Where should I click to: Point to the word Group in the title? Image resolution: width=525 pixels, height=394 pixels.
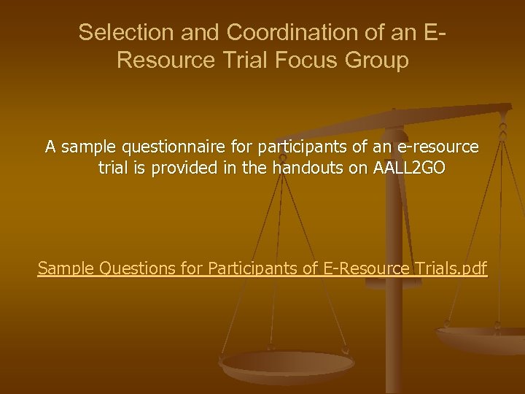(377, 60)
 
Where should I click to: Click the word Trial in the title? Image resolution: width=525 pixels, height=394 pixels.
(240, 60)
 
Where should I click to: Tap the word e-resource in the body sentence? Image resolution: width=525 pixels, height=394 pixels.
(440, 147)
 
